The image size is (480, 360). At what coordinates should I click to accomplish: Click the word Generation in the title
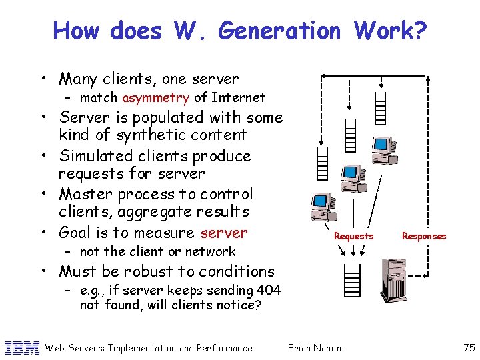point(279,31)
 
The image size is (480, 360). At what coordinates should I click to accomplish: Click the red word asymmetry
point(156,98)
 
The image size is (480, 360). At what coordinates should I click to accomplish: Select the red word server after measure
point(224,233)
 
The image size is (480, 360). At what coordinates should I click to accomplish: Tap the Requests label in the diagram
point(353,237)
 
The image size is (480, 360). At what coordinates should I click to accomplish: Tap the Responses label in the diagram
point(424,237)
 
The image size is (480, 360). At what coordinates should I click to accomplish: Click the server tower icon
point(393,279)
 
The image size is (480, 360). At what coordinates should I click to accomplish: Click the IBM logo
point(22,347)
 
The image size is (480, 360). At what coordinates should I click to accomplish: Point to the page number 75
point(468,347)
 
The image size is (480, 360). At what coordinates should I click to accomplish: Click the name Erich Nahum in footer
point(315,347)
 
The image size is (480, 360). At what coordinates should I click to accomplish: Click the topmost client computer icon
point(383,151)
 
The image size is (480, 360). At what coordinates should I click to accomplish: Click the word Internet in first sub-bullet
point(238,98)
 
